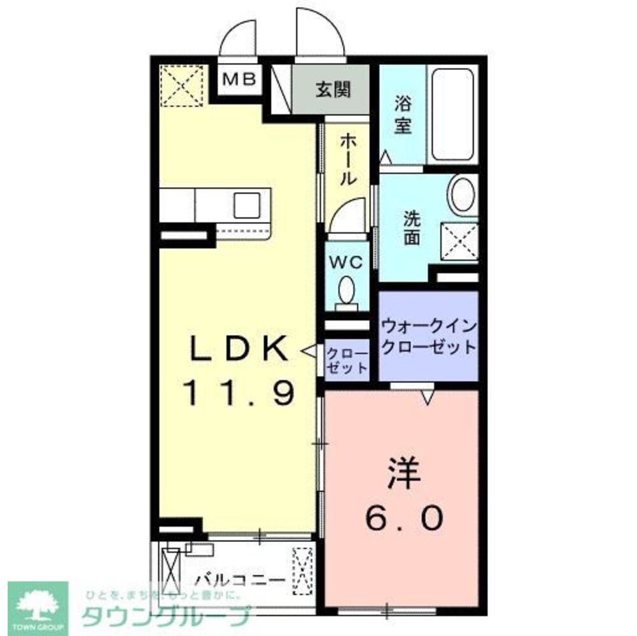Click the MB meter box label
click(x=239, y=79)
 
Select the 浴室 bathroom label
click(x=402, y=114)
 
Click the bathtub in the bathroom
click(x=452, y=114)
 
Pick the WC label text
click(x=346, y=261)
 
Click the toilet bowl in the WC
click(x=347, y=292)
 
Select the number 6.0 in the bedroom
click(x=403, y=520)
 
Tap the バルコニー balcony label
click(x=240, y=580)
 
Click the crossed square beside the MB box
click(x=180, y=85)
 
